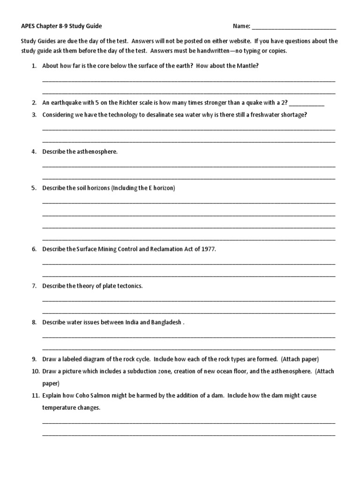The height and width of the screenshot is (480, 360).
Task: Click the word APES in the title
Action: click(x=29, y=26)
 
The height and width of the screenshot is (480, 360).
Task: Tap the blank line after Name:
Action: click(x=294, y=27)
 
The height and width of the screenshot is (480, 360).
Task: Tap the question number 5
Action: click(x=34, y=188)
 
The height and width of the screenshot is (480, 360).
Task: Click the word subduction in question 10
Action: click(x=136, y=371)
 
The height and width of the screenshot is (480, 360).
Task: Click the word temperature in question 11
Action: click(x=59, y=408)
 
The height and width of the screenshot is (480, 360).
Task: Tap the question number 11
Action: click(x=35, y=396)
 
